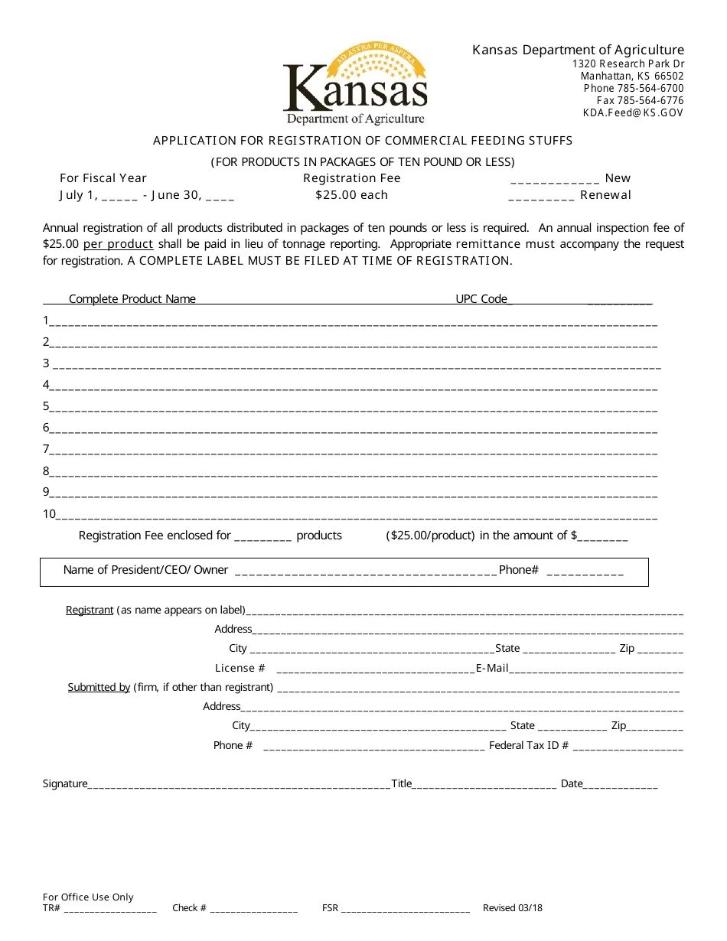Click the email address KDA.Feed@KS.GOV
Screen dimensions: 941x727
(x=633, y=112)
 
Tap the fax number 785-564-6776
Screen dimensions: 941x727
(x=640, y=100)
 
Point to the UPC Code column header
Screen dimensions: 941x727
(x=481, y=299)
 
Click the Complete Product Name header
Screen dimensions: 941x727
(x=132, y=299)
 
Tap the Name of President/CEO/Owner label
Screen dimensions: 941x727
(x=145, y=570)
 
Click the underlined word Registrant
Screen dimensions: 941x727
(x=90, y=611)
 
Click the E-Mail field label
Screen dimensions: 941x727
(x=492, y=668)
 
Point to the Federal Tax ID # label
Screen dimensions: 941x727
(x=529, y=745)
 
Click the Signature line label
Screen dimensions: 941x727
(x=65, y=783)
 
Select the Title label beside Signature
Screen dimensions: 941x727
(x=402, y=783)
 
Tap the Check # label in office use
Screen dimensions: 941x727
(x=189, y=908)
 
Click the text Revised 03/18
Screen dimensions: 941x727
(x=512, y=908)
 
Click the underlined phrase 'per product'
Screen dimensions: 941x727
(x=118, y=245)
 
